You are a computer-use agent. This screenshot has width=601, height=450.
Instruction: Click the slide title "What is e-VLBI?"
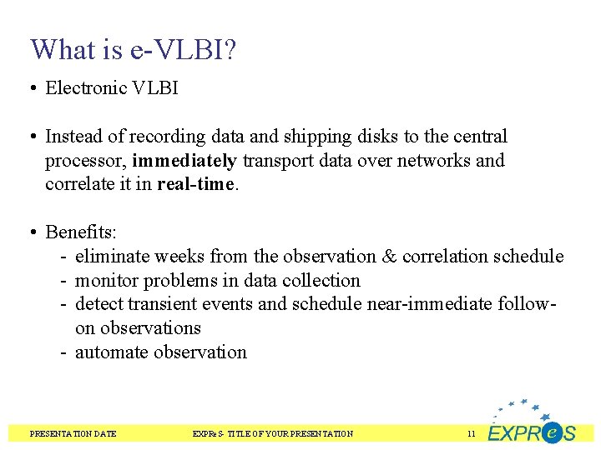pyautogui.click(x=133, y=50)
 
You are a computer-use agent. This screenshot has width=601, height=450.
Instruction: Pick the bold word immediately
pyautogui.click(x=184, y=160)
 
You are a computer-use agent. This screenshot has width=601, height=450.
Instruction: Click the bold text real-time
pyautogui.click(x=197, y=184)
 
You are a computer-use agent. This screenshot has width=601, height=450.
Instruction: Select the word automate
pyautogui.click(x=110, y=352)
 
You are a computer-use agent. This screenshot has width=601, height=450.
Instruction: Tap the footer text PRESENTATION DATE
pyautogui.click(x=73, y=433)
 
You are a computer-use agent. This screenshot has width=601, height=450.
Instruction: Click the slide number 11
pyautogui.click(x=472, y=433)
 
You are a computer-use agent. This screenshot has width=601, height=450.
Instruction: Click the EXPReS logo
pyautogui.click(x=532, y=424)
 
